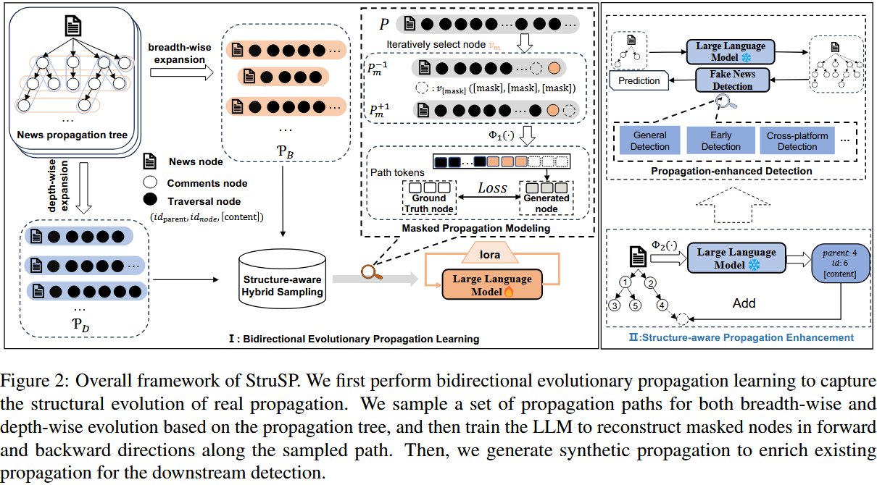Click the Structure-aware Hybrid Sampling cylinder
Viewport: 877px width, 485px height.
tap(282, 279)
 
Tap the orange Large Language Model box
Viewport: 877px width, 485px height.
tap(492, 284)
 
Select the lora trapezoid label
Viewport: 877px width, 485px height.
tap(490, 253)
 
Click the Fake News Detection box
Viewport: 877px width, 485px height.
tap(732, 80)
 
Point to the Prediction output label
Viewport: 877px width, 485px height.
tap(639, 80)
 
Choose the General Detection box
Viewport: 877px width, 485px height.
tap(650, 141)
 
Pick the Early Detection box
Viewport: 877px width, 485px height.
tap(720, 141)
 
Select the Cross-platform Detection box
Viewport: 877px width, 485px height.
tap(797, 141)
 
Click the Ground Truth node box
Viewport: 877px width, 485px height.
tap(429, 198)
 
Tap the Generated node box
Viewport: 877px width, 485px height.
tap(546, 198)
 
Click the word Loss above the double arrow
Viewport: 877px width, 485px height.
tap(492, 188)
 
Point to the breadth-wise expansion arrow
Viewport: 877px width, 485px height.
tap(182, 72)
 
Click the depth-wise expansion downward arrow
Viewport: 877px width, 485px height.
tap(83, 187)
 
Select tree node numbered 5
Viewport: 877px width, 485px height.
tap(635, 305)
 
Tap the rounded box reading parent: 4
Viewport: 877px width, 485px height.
tap(840, 263)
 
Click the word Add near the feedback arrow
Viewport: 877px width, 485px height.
tap(744, 303)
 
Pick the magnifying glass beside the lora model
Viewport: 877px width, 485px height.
tap(371, 273)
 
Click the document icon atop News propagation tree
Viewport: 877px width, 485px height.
tap(73, 26)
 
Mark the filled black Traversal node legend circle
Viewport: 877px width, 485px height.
tap(150, 200)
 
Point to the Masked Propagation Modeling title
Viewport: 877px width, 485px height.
tap(476, 228)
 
